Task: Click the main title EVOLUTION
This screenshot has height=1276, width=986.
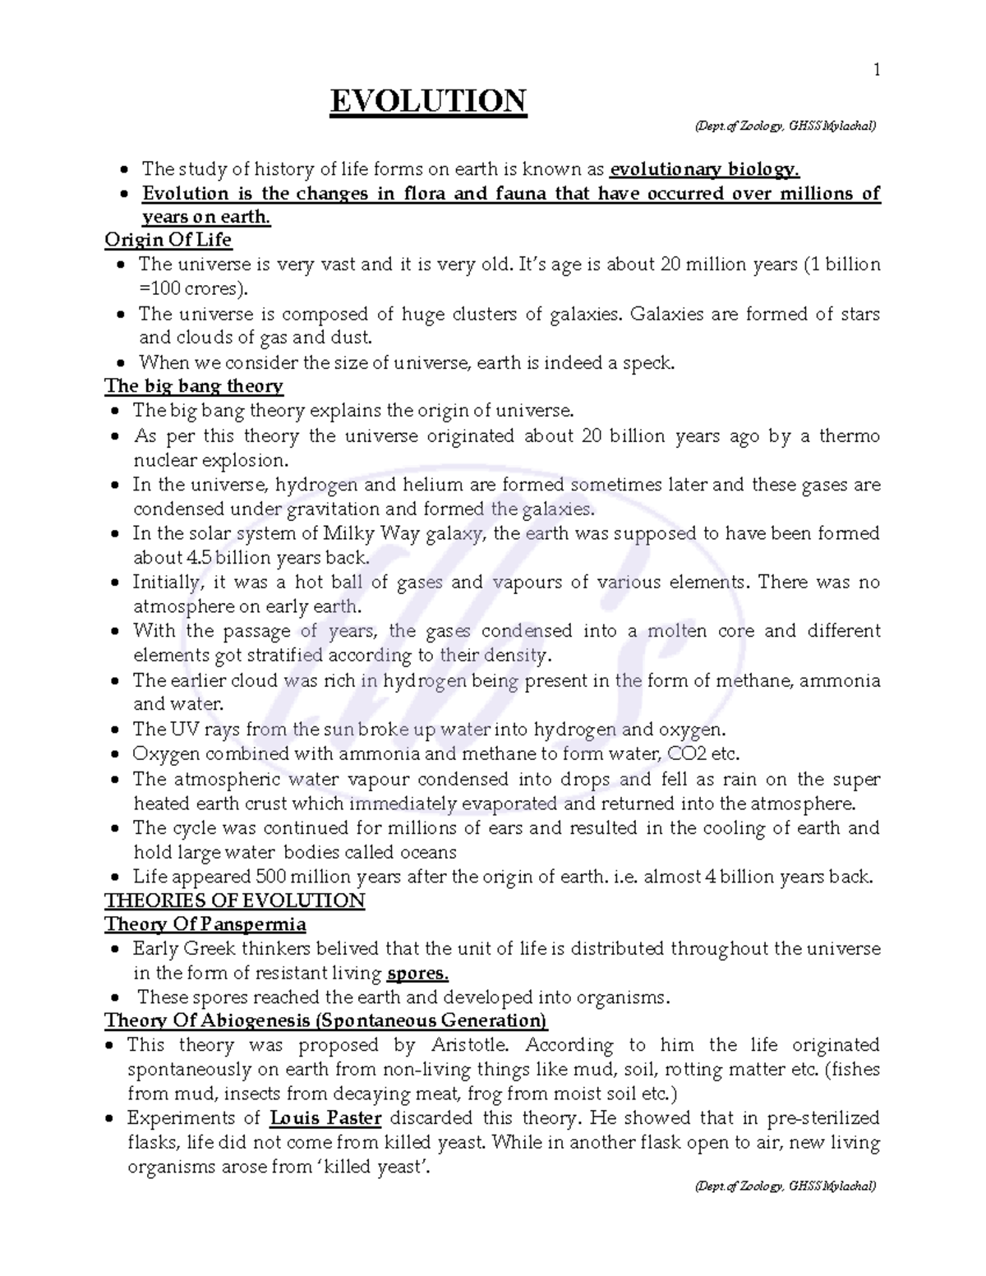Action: click(x=427, y=102)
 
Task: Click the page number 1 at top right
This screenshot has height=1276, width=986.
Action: click(x=877, y=71)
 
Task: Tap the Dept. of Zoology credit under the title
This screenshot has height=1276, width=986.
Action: click(x=786, y=126)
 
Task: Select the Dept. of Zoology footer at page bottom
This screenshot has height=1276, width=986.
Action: click(x=786, y=1186)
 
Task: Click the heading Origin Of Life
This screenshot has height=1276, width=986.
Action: click(x=168, y=240)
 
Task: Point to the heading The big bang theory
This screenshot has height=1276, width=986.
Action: click(x=194, y=386)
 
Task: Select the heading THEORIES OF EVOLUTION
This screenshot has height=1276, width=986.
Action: click(x=234, y=901)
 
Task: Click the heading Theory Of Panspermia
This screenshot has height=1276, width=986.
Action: click(x=205, y=924)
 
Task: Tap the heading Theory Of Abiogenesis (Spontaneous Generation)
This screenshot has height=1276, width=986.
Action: click(x=325, y=1020)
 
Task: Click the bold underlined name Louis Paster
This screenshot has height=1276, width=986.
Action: click(x=325, y=1118)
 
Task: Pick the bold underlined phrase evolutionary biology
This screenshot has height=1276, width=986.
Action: click(x=704, y=169)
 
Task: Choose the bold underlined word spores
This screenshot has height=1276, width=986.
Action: click(x=417, y=974)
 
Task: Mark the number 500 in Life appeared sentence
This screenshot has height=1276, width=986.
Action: click(x=271, y=877)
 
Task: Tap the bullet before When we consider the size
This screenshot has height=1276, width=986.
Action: click(x=122, y=363)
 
